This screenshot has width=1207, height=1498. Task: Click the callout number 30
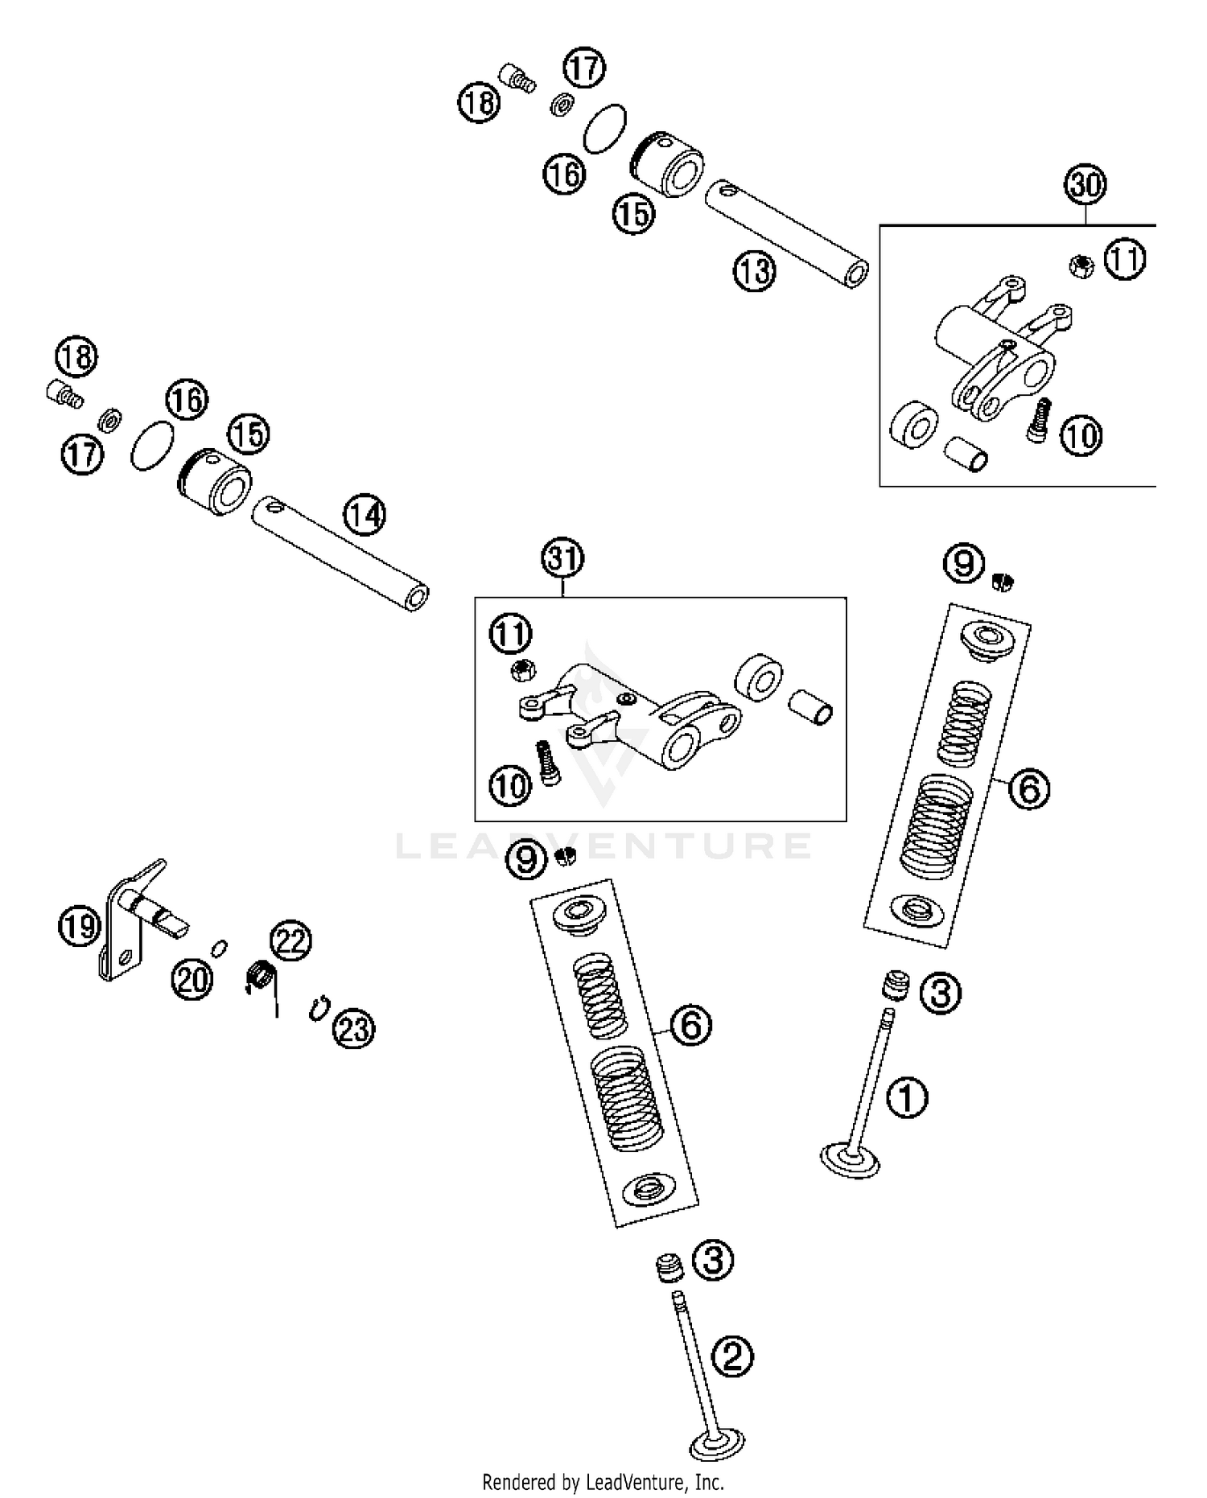click(x=1085, y=185)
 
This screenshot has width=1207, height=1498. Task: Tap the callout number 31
click(x=562, y=558)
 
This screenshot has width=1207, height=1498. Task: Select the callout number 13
click(x=754, y=271)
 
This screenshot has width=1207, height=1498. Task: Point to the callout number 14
click(x=365, y=514)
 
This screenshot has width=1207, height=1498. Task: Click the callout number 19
click(x=79, y=927)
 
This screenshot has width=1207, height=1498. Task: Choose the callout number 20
click(x=192, y=979)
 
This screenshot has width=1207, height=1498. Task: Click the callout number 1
click(x=907, y=1097)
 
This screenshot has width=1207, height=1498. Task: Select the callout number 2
click(x=731, y=1356)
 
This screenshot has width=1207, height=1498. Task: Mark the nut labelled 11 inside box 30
click(x=1081, y=265)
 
